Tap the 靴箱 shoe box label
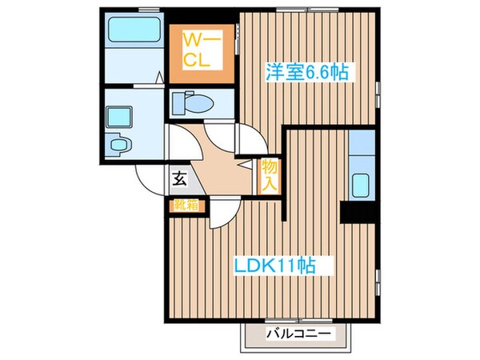click(x=185, y=205)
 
